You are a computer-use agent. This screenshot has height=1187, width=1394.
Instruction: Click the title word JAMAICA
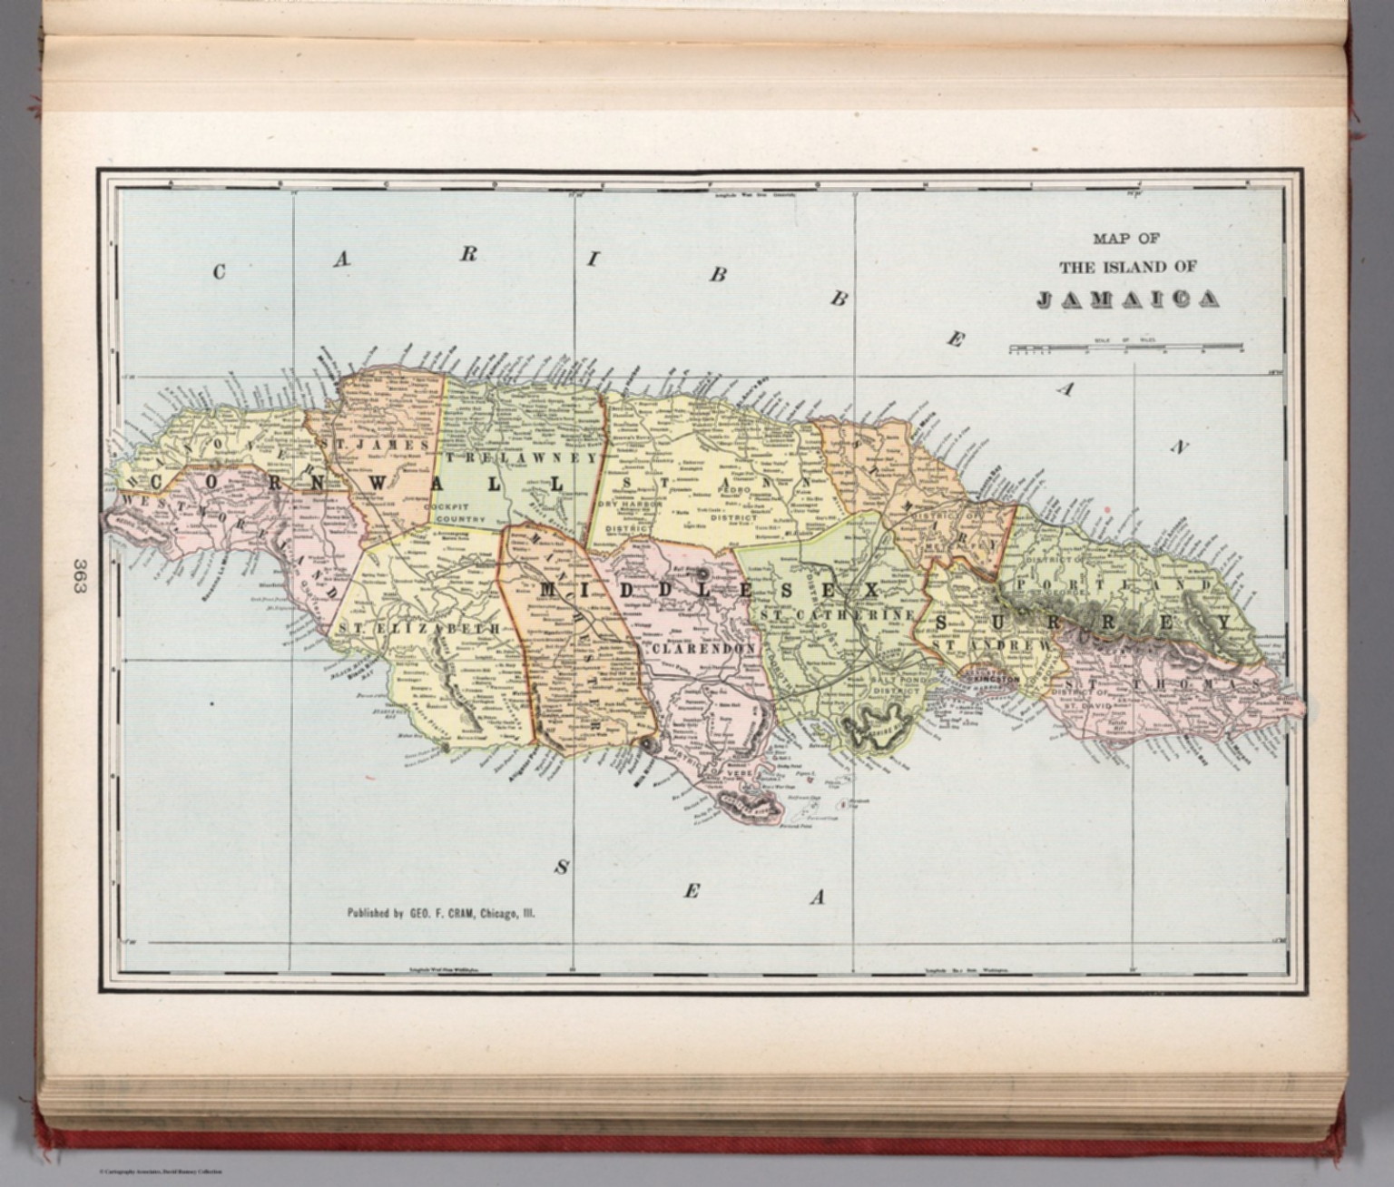1128,299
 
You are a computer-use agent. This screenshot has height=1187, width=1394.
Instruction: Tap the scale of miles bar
1126,347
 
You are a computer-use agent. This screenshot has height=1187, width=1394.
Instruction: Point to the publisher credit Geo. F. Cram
441,913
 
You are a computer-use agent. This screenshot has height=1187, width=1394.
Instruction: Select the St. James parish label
374,446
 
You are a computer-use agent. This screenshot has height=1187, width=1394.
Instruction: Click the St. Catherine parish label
837,615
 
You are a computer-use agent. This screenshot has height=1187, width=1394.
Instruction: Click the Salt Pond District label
896,685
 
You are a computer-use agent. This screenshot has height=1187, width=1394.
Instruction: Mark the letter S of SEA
562,868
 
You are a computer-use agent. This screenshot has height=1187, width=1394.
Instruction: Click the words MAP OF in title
1126,239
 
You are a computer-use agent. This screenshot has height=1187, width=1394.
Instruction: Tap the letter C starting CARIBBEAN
219,271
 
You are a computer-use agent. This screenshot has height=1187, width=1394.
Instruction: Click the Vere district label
733,774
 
